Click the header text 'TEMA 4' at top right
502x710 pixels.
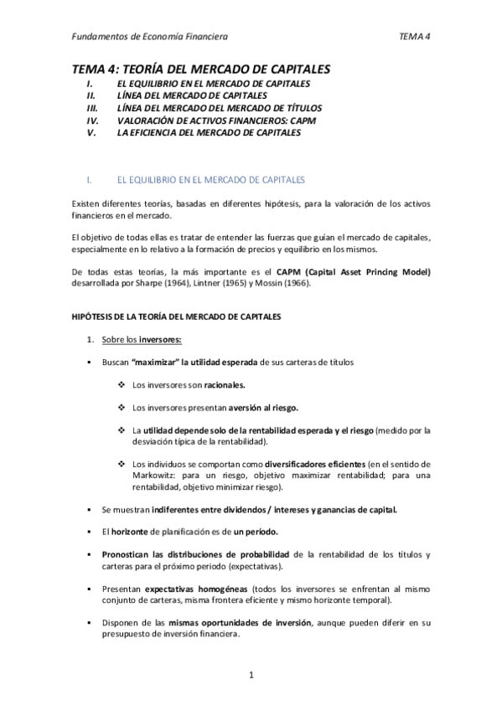click(416, 37)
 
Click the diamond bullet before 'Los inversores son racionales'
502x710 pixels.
click(122, 385)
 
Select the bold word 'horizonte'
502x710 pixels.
click(129, 532)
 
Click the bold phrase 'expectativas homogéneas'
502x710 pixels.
click(195, 589)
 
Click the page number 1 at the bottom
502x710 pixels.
click(251, 674)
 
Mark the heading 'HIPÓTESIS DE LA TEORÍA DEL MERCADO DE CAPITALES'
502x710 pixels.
click(185, 316)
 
